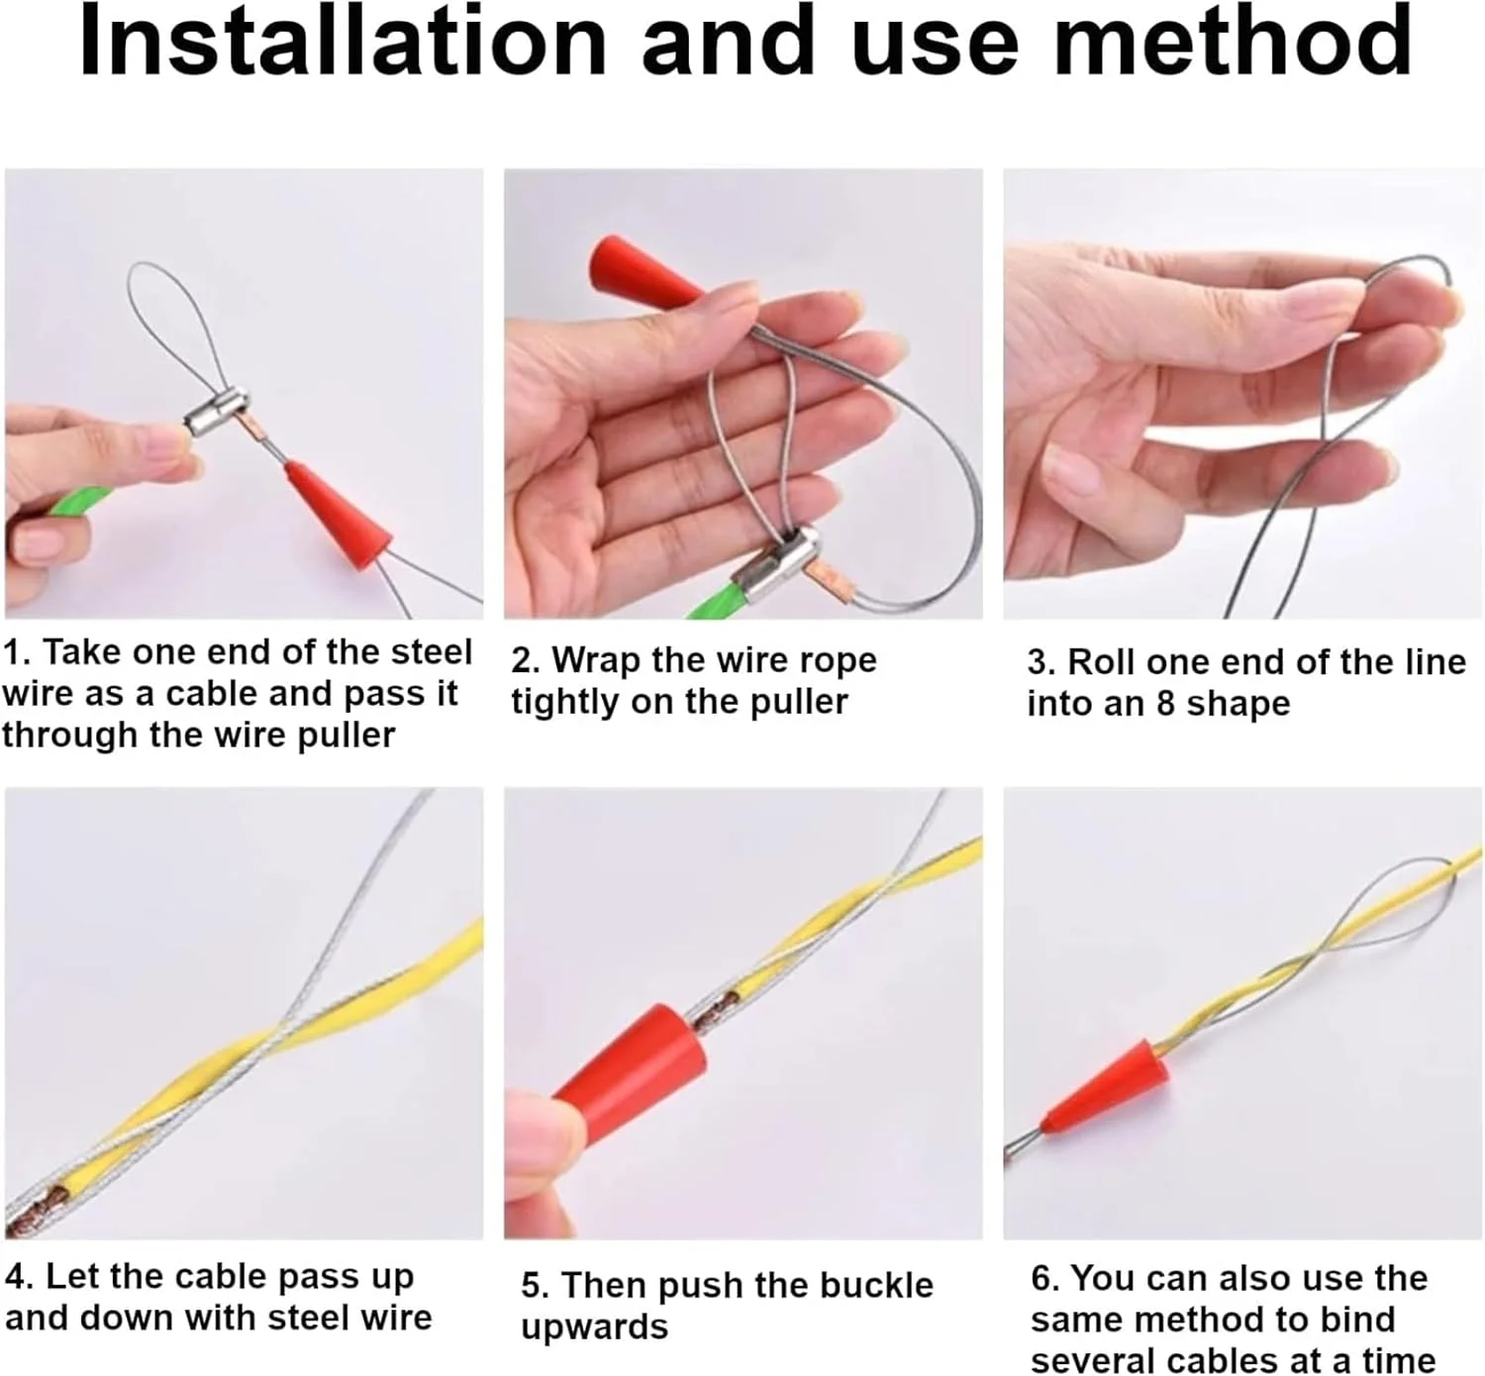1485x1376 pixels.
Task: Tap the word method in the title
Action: (1232, 42)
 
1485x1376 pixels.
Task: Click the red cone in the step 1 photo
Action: (338, 515)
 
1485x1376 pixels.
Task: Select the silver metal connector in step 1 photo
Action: (217, 410)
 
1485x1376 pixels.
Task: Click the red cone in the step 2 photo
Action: (644, 272)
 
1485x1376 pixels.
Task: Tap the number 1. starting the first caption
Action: (17, 652)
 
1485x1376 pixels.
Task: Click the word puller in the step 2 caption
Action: (799, 703)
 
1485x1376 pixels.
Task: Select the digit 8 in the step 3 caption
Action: (1165, 704)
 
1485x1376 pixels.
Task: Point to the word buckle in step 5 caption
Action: (875, 1286)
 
